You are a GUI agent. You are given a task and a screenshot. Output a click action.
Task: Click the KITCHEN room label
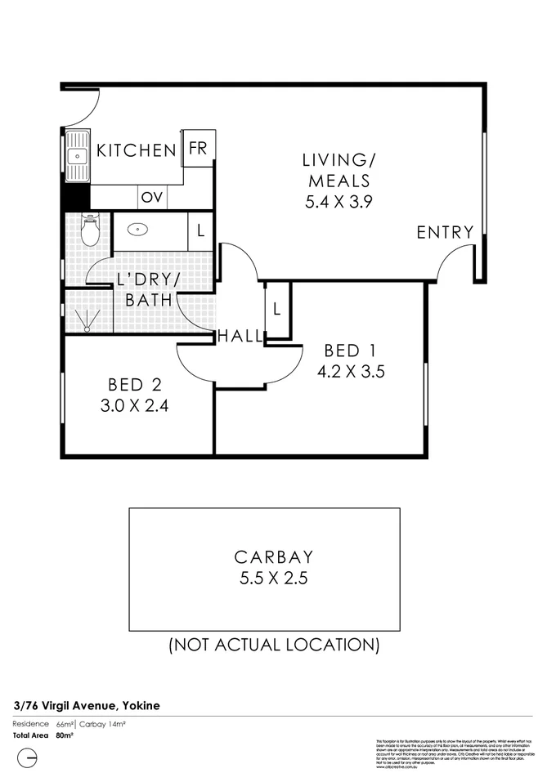[137, 150]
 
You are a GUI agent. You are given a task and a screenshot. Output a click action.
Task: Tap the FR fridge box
[198, 149]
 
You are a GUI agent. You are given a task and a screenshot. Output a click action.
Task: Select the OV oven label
[150, 197]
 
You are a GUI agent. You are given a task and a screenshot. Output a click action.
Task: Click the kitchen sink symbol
[78, 155]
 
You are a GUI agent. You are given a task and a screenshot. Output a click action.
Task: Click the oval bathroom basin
[140, 230]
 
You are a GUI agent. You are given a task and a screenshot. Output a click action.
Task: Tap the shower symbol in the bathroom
[86, 318]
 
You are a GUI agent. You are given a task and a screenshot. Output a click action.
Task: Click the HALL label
[240, 336]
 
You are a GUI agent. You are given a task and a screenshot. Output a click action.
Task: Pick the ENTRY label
[445, 233]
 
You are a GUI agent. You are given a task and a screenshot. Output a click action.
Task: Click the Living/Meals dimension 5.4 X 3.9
[339, 203]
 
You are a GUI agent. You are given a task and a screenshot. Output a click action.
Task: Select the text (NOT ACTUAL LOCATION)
[273, 645]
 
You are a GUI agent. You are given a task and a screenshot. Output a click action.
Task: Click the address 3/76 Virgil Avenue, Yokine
[87, 704]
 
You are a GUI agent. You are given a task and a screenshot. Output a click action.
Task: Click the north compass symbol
[28, 758]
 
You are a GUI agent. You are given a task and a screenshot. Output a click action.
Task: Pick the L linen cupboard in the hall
[277, 310]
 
